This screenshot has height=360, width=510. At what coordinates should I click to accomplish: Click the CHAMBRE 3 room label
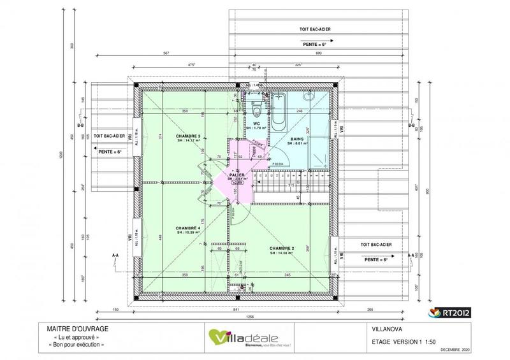coord(190,136)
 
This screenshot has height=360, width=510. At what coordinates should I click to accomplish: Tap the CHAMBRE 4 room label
coord(189,227)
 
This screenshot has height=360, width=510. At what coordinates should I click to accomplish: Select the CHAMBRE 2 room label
coord(280,248)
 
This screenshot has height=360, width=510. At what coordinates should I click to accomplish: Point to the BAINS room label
coord(297,138)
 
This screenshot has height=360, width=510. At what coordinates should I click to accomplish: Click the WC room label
coord(256,124)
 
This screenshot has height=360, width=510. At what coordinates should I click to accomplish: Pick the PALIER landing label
coord(237,174)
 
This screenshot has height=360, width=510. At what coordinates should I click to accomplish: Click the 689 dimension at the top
coord(320,54)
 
